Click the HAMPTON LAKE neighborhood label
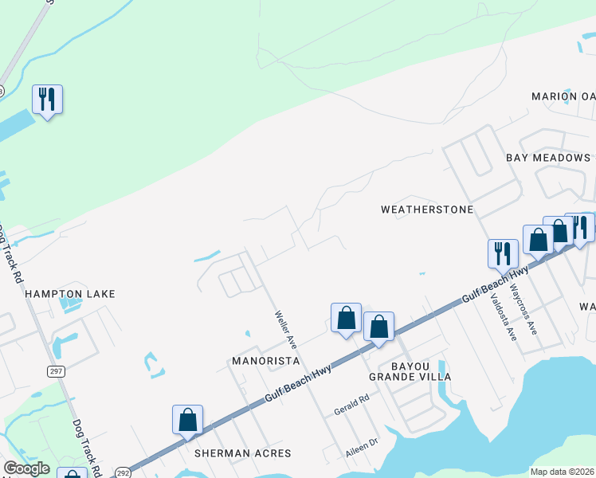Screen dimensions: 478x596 70,294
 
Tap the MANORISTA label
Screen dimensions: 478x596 265,361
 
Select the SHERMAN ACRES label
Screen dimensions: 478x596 243,453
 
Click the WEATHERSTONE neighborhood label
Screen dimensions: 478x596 427,210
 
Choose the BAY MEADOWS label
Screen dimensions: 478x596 548,158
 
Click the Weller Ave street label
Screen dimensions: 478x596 285,329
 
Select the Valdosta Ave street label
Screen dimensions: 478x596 504,316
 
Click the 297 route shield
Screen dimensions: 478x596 56,371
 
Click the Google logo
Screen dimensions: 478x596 26,468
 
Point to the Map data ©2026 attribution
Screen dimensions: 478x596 562,472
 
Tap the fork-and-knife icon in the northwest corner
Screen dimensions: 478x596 47,100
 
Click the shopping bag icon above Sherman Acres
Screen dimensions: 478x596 187,419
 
